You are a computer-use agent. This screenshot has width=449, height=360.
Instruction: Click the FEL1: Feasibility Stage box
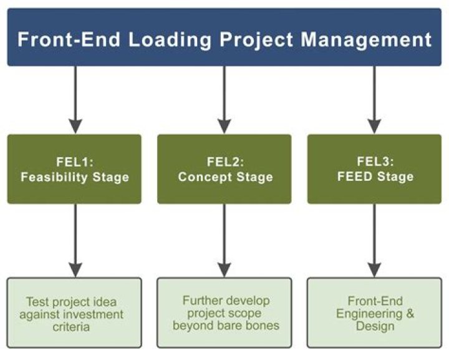pos(75,169)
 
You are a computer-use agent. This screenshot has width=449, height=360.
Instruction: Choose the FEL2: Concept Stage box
pos(224,169)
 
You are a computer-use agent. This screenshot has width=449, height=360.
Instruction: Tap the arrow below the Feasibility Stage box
pos(75,240)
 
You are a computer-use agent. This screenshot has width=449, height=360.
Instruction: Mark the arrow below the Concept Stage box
pos(224,240)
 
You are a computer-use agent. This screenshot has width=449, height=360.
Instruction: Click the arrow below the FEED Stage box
pos(374,240)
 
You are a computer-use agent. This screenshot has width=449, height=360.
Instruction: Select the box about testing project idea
pos(75,313)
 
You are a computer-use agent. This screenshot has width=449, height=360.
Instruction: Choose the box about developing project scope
pos(224,313)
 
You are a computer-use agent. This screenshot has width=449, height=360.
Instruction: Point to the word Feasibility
pos(56,177)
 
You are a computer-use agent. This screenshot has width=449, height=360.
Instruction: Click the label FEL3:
pos(374,162)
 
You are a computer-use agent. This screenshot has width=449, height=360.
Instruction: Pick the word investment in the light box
pos(92,314)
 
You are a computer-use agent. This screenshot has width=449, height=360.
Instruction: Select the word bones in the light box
pos(263,325)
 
